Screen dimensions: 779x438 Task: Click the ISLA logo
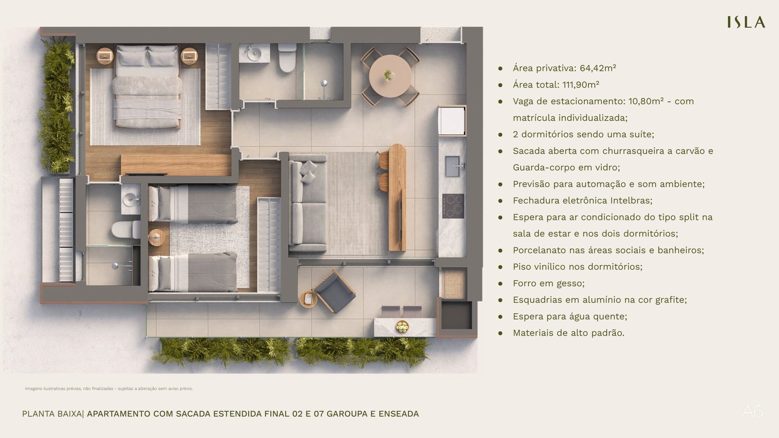pos(746,22)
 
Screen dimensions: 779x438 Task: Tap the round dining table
pos(390,76)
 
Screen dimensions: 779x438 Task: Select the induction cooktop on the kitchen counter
pos(453,206)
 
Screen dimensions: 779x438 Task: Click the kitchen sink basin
pos(452,166)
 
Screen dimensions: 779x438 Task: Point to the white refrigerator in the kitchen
pos(451,121)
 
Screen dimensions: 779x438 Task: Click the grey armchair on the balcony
pos(334,292)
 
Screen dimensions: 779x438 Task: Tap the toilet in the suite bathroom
pos(287,58)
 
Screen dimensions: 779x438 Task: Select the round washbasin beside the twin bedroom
pos(131,199)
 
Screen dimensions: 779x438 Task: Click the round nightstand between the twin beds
pos(156,238)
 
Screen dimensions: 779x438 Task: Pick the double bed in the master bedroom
pos(147,87)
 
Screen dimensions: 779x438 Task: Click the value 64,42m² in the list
pos(598,68)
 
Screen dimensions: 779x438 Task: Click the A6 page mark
pos(752,412)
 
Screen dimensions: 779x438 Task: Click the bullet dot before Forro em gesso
pos(501,284)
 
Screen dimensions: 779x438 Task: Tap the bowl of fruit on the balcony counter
pos(402,327)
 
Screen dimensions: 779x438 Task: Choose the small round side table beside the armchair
pos(309,299)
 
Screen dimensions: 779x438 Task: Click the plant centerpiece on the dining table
pos(388,75)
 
